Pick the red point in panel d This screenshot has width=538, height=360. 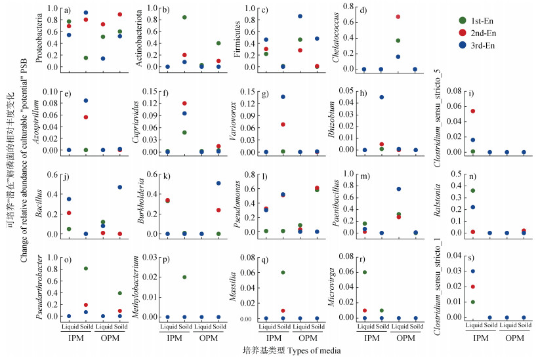click(x=398, y=16)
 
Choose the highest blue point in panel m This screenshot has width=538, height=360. click(x=398, y=189)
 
